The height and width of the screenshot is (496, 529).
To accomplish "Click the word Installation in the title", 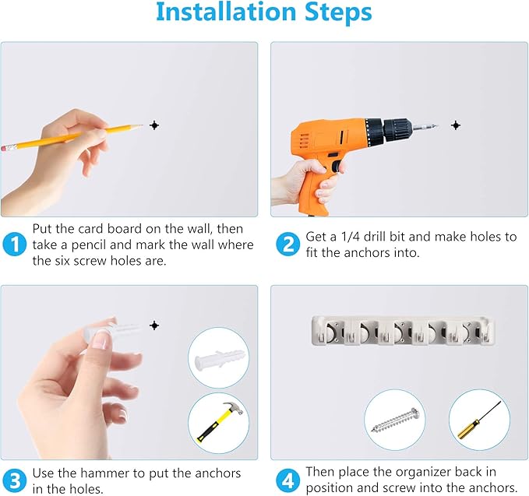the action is tap(226, 12).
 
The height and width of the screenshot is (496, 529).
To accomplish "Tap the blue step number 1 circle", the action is tap(14, 244).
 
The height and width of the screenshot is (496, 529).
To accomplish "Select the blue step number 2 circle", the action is tap(287, 244).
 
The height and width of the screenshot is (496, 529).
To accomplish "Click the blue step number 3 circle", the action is tap(14, 481).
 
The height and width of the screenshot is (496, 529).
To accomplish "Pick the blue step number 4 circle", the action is tap(287, 481).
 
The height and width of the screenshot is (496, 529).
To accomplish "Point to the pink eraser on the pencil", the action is tap(8, 148).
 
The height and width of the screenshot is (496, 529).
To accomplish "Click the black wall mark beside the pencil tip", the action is tap(154, 125).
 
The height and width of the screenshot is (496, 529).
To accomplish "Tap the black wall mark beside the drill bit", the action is tap(456, 125).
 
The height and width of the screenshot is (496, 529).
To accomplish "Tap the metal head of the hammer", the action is tap(234, 408).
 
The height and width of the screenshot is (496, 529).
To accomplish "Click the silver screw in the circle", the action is tap(395, 420).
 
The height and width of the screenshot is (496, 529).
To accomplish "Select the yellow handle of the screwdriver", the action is tap(468, 429).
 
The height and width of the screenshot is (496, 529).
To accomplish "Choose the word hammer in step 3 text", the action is tap(107, 473).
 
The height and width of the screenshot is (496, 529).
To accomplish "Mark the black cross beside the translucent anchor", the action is tap(154, 325).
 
